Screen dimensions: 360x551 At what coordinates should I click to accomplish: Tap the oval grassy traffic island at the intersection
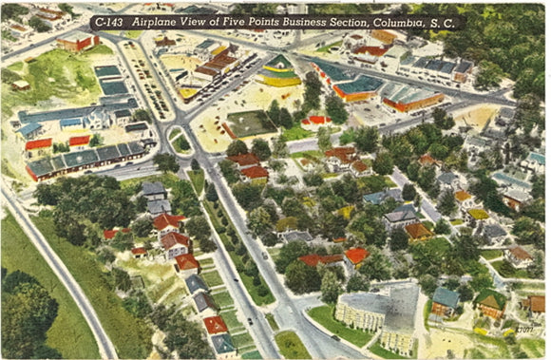point(178,141)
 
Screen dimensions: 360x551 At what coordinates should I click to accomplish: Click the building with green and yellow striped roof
point(278,69)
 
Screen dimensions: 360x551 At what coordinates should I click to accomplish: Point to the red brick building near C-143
point(79,43)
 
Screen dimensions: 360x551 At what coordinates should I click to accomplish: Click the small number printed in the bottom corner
point(524,329)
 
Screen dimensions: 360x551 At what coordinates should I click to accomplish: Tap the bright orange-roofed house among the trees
point(356,256)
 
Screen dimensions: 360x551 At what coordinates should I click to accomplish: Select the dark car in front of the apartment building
point(335,337)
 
